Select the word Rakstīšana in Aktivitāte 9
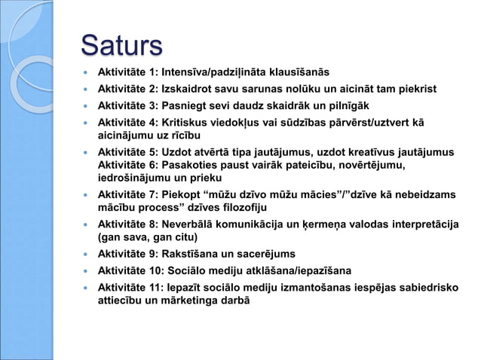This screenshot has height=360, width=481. click(x=198, y=254)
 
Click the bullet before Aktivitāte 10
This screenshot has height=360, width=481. click(x=87, y=270)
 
